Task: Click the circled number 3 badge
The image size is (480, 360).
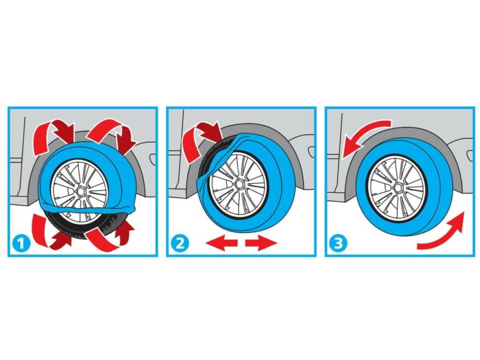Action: tap(338, 243)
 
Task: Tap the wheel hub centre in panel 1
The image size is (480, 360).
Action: tap(81, 191)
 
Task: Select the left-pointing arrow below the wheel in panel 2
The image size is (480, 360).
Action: tap(221, 243)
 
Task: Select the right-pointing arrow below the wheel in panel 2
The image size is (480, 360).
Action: tap(261, 243)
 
